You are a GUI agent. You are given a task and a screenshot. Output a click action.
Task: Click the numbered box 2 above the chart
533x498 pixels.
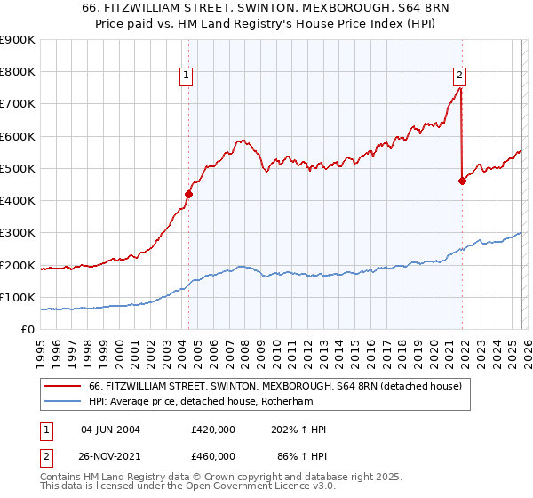coord(460,76)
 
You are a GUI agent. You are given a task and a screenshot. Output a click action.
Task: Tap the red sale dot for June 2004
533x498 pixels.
coord(188,193)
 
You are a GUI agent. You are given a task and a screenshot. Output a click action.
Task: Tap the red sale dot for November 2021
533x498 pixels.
coord(462,181)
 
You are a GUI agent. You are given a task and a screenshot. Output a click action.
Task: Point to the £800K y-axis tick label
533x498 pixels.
coord(18,72)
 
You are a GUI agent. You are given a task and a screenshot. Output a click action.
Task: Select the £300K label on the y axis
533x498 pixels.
coord(18,233)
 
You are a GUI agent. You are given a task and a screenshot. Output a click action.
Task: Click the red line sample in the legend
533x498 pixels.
coord(64,387)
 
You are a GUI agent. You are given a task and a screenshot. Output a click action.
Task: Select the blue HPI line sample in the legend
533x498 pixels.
coord(64,402)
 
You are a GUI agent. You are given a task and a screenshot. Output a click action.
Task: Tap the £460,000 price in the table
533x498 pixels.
coord(213,454)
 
